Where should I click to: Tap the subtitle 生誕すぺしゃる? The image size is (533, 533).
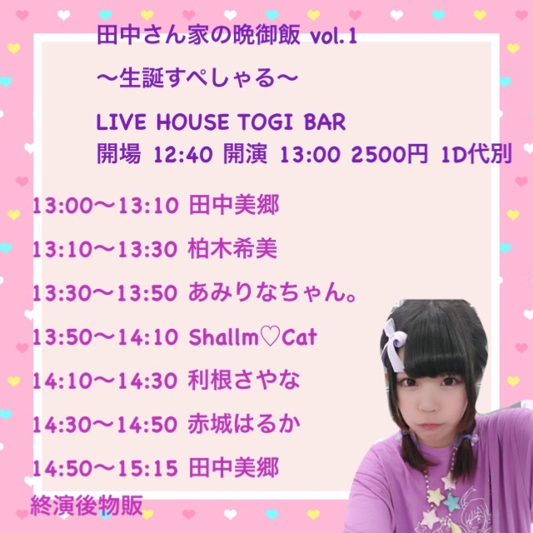[x=197, y=78]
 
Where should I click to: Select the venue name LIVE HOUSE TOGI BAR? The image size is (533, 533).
[x=221, y=122]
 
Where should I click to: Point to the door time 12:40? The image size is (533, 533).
[x=183, y=155]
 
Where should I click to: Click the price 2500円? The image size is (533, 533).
[x=390, y=155]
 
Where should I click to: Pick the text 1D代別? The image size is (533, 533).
[x=476, y=155]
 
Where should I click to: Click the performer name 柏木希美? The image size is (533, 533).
[x=232, y=248]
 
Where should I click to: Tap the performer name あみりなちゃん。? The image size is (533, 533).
[x=272, y=292]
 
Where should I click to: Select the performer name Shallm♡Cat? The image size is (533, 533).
[x=252, y=336]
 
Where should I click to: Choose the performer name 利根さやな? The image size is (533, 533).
[x=244, y=380]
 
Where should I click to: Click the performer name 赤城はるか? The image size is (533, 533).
[x=244, y=424]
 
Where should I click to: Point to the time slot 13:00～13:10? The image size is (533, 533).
[x=106, y=206]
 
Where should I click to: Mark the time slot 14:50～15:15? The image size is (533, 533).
[x=106, y=468]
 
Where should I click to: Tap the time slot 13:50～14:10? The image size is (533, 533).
[x=106, y=336]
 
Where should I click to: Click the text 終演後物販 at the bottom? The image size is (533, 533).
[x=87, y=506]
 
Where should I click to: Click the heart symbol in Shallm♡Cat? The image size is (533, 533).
[x=270, y=336]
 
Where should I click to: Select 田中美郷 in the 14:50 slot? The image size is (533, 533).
[x=233, y=467]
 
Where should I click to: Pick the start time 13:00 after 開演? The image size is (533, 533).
[x=310, y=155]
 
